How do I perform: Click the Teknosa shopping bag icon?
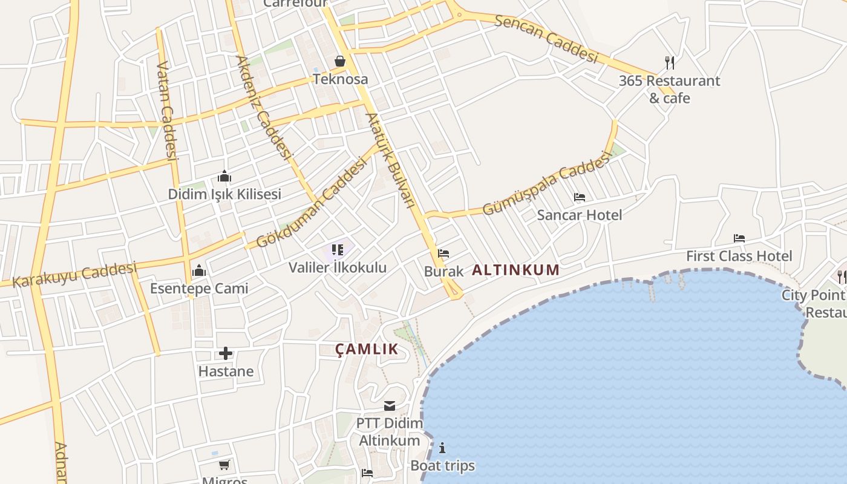coord(340,61)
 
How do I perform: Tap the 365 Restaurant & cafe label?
coord(669,89)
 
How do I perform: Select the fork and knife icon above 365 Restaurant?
coord(670,62)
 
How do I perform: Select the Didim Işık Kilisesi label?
coord(224,194)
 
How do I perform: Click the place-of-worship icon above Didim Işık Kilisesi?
coord(224,177)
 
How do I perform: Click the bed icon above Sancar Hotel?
coord(580,197)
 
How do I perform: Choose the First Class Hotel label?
coord(739,256)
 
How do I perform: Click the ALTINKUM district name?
coord(515,270)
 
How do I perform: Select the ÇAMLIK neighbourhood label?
coord(367,348)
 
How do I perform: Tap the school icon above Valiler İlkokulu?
coord(338,249)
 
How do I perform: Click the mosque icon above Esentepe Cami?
coord(199,271)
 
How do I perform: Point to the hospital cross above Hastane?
coord(226,353)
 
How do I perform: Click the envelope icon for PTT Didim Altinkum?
coord(389,406)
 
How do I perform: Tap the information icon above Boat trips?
coord(442,448)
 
